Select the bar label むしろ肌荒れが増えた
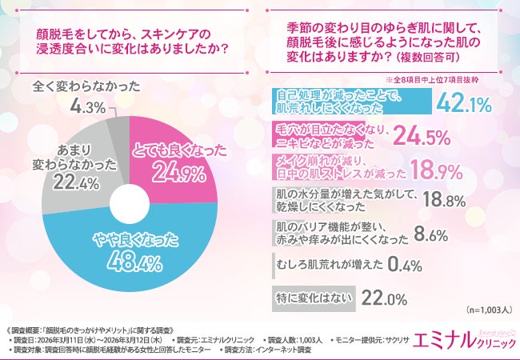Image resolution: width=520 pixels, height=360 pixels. [327, 264]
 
